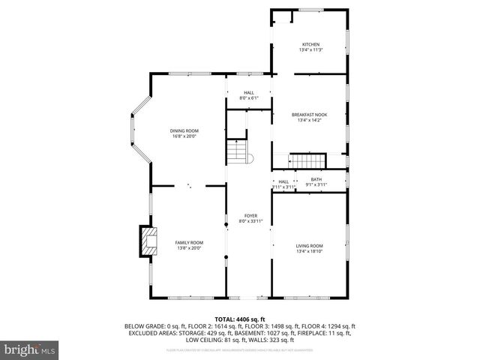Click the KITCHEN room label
pos(310,44)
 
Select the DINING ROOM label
pos(184,130)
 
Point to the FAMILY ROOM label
pos(189,242)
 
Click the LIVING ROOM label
pos(309,246)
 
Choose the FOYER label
pos(250,216)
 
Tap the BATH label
pos(316,179)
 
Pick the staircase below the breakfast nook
pos(307,161)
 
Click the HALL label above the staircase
pos(248,93)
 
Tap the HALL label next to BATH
pos(283,181)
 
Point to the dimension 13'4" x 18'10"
pos(309,252)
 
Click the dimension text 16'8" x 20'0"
pos(184,136)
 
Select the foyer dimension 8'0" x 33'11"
pos(250,221)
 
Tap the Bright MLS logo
pos(29,349)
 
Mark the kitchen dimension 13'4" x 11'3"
pos(310,50)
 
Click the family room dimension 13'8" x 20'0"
pos(189,248)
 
